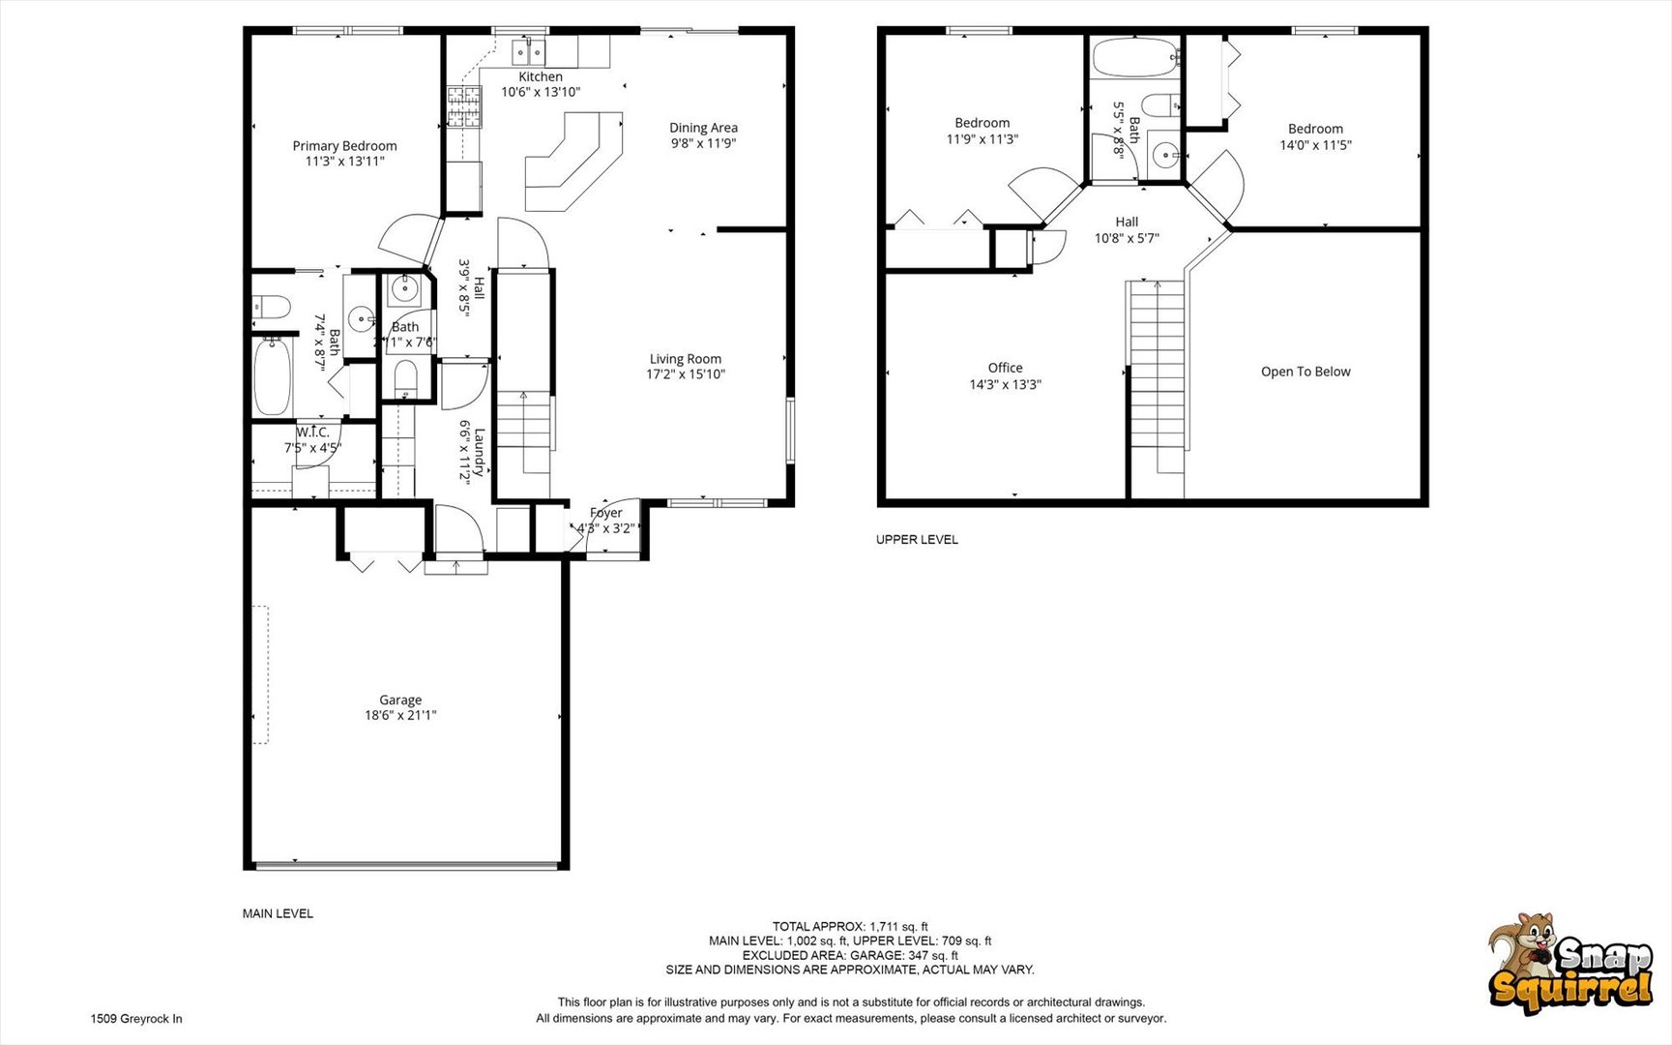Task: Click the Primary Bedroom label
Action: [x=344, y=146]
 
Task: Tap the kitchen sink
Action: [x=529, y=51]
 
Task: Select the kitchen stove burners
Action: [x=464, y=106]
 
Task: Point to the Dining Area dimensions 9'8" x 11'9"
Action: [x=703, y=143]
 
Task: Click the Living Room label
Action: [x=685, y=359]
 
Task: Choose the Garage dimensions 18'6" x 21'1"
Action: [x=400, y=716]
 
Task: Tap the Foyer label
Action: [x=606, y=513]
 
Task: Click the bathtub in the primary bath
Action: [x=273, y=375]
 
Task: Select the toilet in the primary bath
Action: [x=272, y=307]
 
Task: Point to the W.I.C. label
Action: [x=312, y=433]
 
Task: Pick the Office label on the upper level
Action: [x=1006, y=368]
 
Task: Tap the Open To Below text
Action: [x=1305, y=372]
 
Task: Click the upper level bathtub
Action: [x=1135, y=57]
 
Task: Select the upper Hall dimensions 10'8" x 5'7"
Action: [x=1127, y=238]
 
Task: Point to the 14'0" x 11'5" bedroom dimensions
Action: [x=1315, y=145]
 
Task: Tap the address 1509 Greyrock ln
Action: [x=136, y=1019]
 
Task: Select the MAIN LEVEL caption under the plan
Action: [x=278, y=913]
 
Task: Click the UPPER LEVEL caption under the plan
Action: [x=917, y=540]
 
